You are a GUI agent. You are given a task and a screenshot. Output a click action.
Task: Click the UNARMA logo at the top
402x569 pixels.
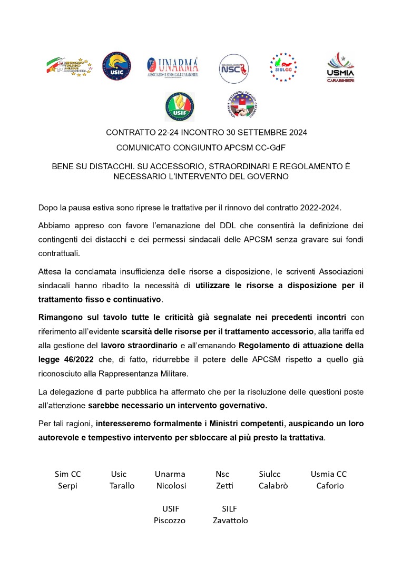pyautogui.click(x=172, y=67)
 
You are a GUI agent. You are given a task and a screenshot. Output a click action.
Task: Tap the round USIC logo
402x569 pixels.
pyautogui.click(x=116, y=66)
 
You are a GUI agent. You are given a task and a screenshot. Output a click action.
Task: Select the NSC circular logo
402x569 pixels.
pyautogui.click(x=233, y=68)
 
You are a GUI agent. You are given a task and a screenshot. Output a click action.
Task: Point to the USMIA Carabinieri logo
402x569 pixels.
pyautogui.click(x=340, y=67)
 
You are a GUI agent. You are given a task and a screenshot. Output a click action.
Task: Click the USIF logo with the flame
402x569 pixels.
pyautogui.click(x=180, y=106)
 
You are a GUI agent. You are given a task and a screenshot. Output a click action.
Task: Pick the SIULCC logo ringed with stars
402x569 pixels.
pyautogui.click(x=283, y=67)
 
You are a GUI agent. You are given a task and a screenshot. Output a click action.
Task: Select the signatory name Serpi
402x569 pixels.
pyautogui.click(x=67, y=486)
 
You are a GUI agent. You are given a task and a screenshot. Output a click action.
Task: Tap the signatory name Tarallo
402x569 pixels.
pyautogui.click(x=122, y=486)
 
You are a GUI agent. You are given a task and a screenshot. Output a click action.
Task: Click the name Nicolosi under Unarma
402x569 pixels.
pyautogui.click(x=171, y=486)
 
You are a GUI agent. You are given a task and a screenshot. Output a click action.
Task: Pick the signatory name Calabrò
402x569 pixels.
pyautogui.click(x=273, y=486)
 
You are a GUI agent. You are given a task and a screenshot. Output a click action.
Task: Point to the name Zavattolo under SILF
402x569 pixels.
pyautogui.click(x=230, y=521)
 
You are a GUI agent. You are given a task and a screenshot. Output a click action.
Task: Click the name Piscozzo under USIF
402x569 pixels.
pyautogui.click(x=170, y=521)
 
